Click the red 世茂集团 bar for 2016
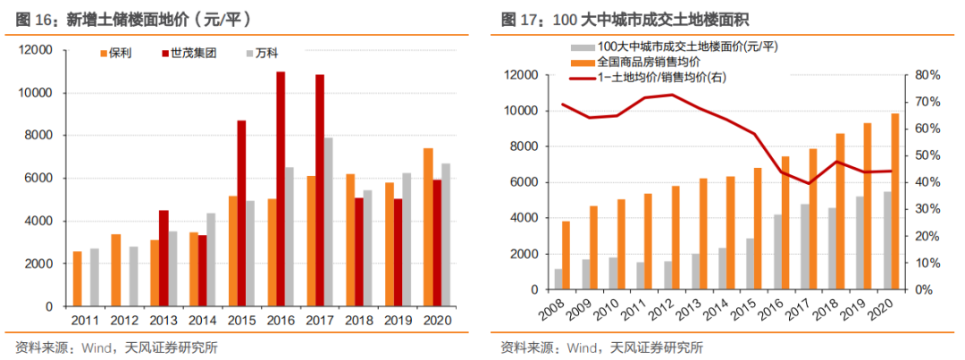pyautogui.click(x=281, y=188)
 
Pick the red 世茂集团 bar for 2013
pyautogui.click(x=164, y=258)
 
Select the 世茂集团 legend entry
pyautogui.click(x=191, y=54)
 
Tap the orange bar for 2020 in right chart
pyautogui.click(x=894, y=202)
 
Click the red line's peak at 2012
pyautogui.click(x=671, y=94)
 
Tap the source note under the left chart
pyautogui.click(x=116, y=347)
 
